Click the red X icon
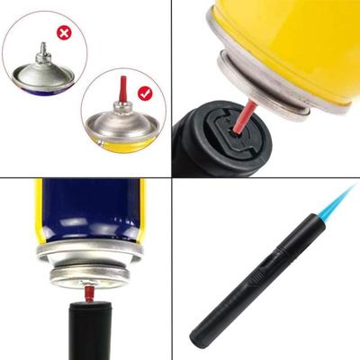[x=64, y=32]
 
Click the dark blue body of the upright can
[x=90, y=207]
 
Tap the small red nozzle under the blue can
[x=90, y=292]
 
